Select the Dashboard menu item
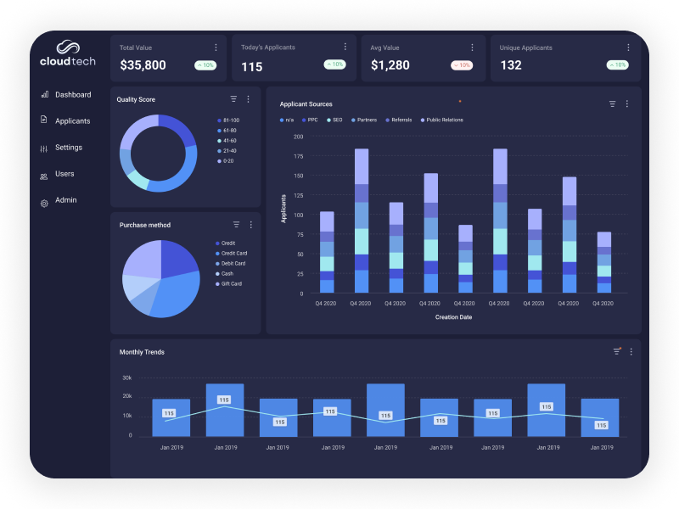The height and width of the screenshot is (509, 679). pyautogui.click(x=73, y=95)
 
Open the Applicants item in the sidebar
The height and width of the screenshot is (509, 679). pyautogui.click(x=72, y=121)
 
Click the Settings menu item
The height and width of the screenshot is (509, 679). pyautogui.click(x=69, y=148)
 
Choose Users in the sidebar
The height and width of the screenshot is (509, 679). pyautogui.click(x=65, y=174)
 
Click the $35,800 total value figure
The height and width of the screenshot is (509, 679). pyautogui.click(x=143, y=65)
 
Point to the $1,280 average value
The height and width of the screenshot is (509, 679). pyautogui.click(x=390, y=65)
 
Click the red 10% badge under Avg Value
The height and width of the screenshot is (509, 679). pyautogui.click(x=463, y=65)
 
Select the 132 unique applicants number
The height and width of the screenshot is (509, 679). pyautogui.click(x=511, y=65)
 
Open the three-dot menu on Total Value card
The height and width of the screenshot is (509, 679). pyautogui.click(x=216, y=48)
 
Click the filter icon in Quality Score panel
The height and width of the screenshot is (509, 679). pyautogui.click(x=233, y=99)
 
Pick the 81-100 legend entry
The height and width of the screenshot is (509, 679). pyautogui.click(x=230, y=120)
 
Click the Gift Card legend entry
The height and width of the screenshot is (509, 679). pyautogui.click(x=231, y=283)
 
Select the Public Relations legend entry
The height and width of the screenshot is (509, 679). pyautogui.click(x=444, y=120)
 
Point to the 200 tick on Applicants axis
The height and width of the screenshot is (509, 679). pyautogui.click(x=298, y=136)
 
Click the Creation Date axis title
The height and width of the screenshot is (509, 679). pyautogui.click(x=453, y=317)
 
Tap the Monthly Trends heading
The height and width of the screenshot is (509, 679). pyautogui.click(x=142, y=352)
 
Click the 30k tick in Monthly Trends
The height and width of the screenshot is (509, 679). pyautogui.click(x=126, y=378)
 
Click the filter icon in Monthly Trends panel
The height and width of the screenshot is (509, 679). pyautogui.click(x=617, y=351)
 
